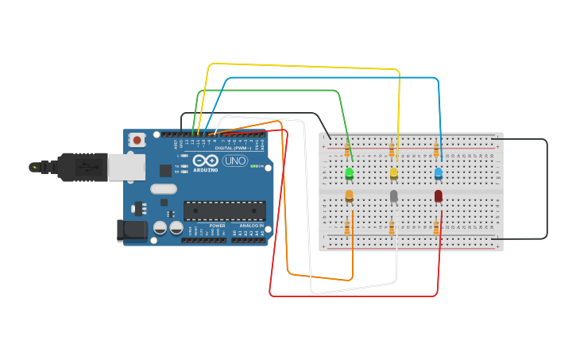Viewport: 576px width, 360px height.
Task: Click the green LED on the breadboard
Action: [349, 173]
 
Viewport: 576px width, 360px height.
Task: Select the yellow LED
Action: [393, 173]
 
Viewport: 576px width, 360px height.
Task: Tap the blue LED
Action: [438, 173]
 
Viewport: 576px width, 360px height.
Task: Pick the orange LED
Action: [349, 195]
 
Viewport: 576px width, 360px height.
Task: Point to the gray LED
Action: [393, 195]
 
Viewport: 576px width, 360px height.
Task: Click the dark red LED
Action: [438, 195]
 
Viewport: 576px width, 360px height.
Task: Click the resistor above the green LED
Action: [347, 149]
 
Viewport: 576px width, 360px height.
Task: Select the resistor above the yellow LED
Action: [392, 149]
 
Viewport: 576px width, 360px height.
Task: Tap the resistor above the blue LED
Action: [436, 149]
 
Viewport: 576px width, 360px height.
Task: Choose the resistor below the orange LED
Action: [347, 229]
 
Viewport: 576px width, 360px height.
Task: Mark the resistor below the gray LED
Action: [392, 229]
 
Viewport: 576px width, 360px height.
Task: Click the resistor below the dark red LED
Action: [436, 229]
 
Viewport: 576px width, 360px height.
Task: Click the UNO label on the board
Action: [235, 161]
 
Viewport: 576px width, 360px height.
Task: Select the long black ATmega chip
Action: [225, 210]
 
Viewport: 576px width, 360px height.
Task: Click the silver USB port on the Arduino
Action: [126, 167]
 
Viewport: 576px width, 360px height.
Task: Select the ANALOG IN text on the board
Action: [252, 226]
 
